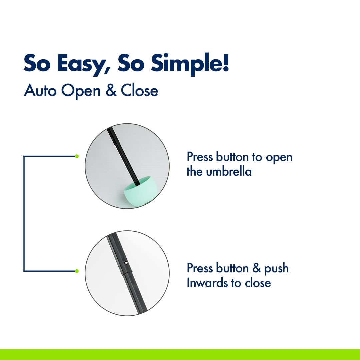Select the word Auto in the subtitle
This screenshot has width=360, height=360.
pos(40,90)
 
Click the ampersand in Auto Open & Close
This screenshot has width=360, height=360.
pos(111,90)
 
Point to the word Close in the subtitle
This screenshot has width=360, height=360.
pos(139,90)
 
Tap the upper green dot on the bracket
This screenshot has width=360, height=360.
pos(77,156)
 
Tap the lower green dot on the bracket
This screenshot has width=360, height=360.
pos(77,271)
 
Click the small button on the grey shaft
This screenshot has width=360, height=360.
pos(125,263)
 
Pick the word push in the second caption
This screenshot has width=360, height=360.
pos(276,268)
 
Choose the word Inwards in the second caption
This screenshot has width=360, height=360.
pos(207,283)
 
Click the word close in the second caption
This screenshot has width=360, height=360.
pos(258,283)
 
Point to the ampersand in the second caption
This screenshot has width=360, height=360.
pos(257,268)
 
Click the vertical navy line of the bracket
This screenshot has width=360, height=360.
pos(24,214)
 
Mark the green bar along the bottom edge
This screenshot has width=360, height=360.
pos(180,355)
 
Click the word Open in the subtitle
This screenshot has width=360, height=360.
pos(81,91)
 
